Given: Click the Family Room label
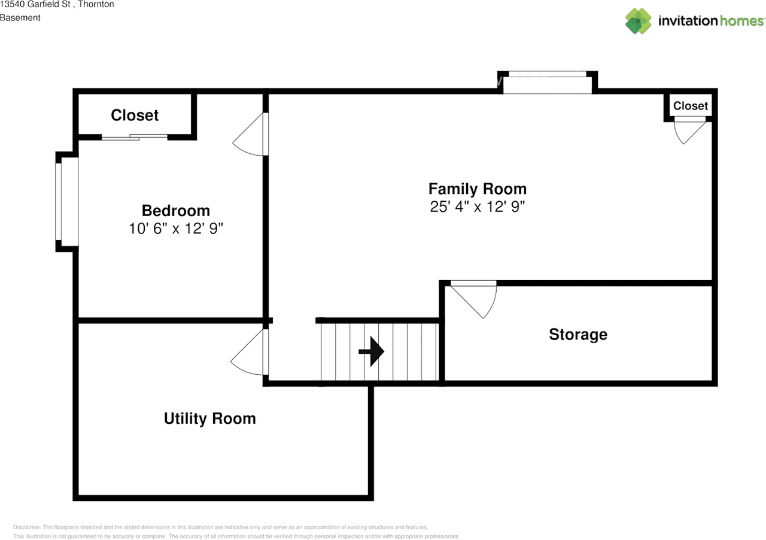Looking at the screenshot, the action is click(478, 189).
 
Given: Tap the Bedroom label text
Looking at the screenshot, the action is click(176, 211).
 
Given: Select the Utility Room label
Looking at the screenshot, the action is click(209, 418).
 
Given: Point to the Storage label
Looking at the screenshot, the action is click(578, 335).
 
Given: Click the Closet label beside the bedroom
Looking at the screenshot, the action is click(135, 116).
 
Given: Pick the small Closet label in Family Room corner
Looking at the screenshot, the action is click(691, 106).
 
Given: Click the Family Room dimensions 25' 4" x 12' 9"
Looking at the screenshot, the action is click(478, 207).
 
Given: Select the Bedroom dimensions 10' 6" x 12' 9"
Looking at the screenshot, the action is click(176, 229).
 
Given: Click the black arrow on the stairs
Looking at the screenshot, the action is click(372, 351).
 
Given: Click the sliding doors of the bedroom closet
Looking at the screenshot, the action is click(135, 137).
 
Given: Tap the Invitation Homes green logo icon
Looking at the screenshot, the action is click(638, 21).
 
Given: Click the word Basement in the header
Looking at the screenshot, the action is click(20, 18).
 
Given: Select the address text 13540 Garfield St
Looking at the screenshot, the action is click(35, 4).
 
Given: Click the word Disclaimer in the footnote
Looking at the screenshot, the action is click(27, 527).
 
